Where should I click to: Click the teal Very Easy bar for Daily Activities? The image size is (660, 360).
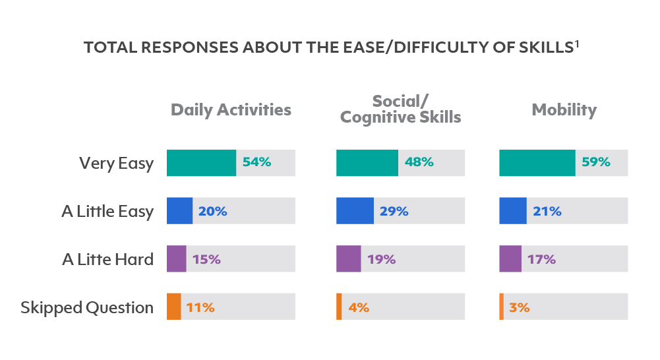(201, 163)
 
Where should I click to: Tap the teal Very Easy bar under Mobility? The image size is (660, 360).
(537, 163)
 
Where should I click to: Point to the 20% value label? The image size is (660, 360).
(212, 211)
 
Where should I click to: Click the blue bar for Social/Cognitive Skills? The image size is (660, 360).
(355, 211)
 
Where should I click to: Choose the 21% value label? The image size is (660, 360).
(547, 211)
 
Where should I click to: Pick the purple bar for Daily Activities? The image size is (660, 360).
(177, 259)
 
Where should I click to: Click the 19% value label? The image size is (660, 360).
(381, 259)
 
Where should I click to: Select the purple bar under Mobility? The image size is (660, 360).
(510, 259)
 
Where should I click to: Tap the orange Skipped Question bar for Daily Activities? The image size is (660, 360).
(173, 307)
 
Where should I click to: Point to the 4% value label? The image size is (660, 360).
(358, 307)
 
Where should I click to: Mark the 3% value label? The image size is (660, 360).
(519, 307)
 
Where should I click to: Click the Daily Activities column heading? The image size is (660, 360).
(231, 109)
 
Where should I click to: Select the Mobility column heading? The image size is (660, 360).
(564, 109)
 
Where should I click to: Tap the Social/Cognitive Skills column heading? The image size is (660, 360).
(400, 109)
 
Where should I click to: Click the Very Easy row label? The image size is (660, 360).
(116, 164)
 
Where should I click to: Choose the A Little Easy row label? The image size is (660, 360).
(107, 212)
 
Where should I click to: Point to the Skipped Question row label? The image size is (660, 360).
(87, 307)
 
